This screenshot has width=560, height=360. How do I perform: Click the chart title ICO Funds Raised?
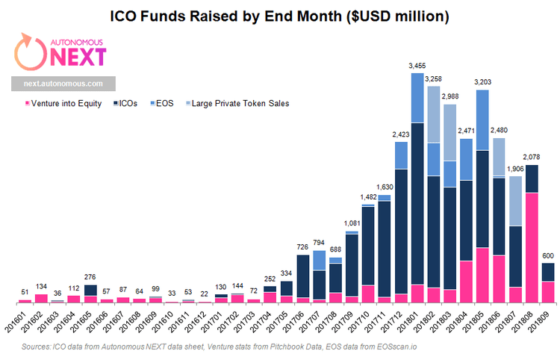click(x=279, y=16)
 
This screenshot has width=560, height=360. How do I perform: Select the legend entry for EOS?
click(x=164, y=104)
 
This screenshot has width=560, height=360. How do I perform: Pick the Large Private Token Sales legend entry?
click(x=239, y=104)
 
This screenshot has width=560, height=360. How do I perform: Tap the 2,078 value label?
click(x=532, y=158)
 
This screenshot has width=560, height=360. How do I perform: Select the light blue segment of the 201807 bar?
click(x=515, y=200)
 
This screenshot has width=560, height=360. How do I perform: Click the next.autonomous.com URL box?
click(x=63, y=84)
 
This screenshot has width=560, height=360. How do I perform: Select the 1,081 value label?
click(x=352, y=223)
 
